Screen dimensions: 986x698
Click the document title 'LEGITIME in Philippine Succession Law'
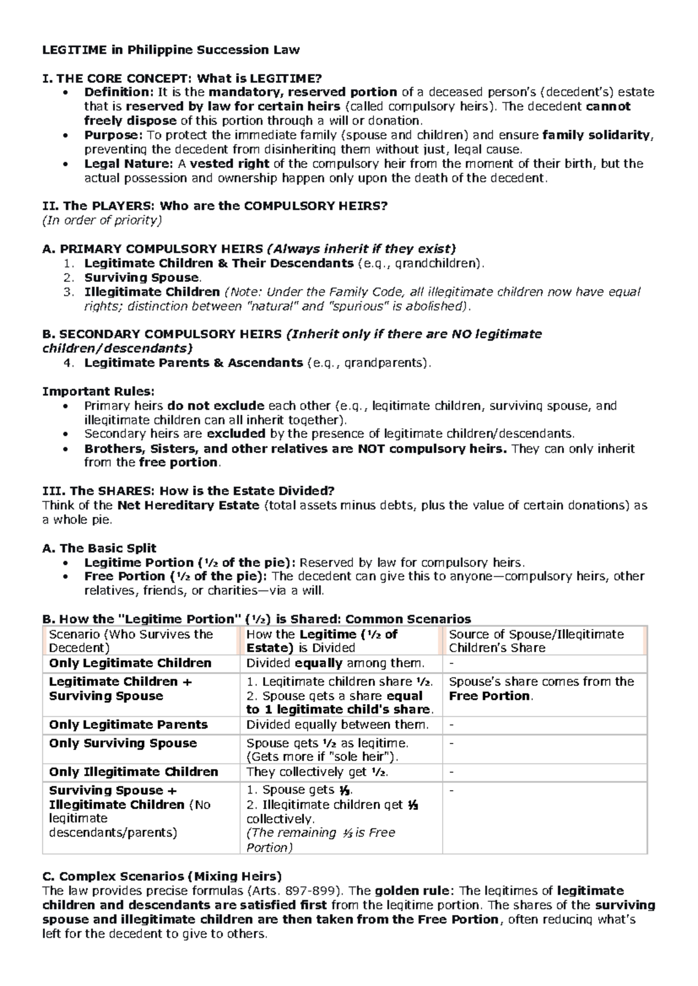pos(171,50)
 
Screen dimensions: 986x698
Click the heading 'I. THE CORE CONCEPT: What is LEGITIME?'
pos(181,78)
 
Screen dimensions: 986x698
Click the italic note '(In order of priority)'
pos(102,221)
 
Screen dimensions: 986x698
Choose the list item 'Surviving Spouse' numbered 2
pos(142,278)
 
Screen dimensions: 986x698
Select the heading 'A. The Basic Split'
pos(99,548)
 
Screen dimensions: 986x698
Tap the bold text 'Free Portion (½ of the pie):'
pos(176,577)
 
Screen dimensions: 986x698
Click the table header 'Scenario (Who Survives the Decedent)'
pos(131,641)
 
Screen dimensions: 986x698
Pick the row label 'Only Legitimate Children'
pos(130,663)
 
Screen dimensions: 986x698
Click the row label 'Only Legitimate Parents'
pos(129,725)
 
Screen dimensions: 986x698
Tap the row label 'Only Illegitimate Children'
pos(134,772)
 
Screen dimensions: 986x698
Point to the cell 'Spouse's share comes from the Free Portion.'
pos(541,689)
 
